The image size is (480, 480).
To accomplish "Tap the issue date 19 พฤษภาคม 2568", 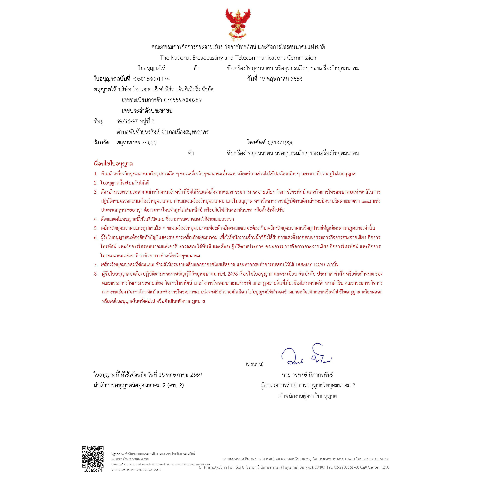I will coord(281,78).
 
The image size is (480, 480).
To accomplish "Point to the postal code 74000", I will coord(148,142).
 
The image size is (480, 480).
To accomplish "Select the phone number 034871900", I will coord(280,142).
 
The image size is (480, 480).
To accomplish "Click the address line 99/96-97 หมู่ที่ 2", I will coord(135,121).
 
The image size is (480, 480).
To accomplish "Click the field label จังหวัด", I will coord(101,142).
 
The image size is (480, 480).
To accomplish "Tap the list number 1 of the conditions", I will coord(96,173).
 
